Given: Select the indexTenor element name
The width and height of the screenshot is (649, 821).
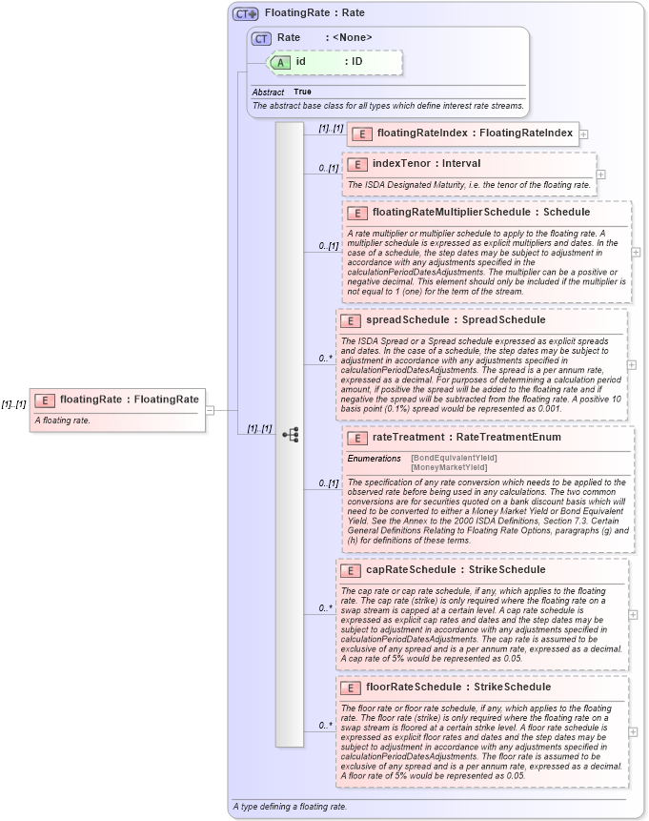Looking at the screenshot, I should [x=399, y=164].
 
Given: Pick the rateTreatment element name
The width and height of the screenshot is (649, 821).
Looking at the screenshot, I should [x=412, y=438].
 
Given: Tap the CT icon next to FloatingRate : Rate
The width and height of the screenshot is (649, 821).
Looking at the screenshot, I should [x=246, y=14].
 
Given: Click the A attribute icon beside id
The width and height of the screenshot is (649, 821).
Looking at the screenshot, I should [x=280, y=62].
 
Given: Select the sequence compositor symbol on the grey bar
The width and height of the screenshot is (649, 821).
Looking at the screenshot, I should [x=291, y=434].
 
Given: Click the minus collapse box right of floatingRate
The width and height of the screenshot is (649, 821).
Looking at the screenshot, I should [x=210, y=411].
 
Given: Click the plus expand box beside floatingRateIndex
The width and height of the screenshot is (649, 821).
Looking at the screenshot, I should [x=583, y=134].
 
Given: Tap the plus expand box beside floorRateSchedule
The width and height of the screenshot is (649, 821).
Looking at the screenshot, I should [x=634, y=731].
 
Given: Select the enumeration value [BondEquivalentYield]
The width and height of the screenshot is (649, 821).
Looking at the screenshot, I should [x=454, y=459].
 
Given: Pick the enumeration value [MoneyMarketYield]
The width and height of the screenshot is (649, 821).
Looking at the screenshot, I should [x=449, y=467].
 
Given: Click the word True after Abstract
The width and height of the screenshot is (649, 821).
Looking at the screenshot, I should [x=302, y=92].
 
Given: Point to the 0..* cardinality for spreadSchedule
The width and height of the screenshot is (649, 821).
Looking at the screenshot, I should [x=325, y=359].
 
